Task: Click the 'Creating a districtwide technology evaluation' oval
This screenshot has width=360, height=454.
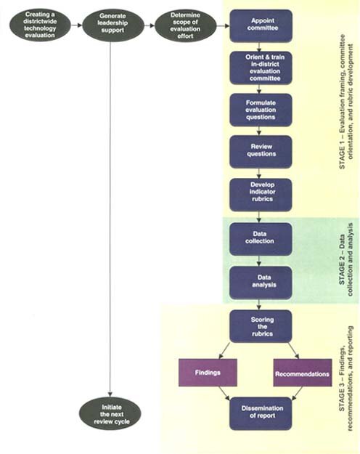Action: point(40,25)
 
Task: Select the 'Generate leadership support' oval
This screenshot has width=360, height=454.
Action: point(112,25)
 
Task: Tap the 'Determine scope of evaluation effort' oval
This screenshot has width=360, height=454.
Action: point(186,25)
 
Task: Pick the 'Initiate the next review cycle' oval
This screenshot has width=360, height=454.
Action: point(110,413)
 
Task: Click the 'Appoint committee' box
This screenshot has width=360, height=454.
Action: point(261,25)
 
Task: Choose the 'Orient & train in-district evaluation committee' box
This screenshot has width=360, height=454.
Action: point(261,68)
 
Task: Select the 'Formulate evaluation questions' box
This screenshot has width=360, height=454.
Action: point(261,110)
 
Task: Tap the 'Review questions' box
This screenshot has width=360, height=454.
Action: point(261,152)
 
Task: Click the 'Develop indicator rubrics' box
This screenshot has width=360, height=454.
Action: point(261,195)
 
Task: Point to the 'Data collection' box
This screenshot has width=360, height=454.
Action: point(261,239)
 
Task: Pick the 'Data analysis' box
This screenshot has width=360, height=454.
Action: point(261,283)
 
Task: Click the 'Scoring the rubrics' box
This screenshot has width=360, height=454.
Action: point(261,326)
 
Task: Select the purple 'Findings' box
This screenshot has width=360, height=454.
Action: point(208,373)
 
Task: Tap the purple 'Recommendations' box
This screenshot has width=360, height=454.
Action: point(303,373)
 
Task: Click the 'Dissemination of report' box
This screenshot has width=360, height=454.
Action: point(261,413)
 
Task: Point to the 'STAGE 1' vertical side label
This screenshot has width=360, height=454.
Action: point(346,102)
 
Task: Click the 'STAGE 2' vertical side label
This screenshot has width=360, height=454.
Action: point(346,259)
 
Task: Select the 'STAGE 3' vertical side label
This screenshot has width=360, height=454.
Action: point(346,378)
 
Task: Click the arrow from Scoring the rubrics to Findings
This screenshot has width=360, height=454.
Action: point(224,351)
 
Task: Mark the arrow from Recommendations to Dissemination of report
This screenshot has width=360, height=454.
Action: point(297,394)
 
